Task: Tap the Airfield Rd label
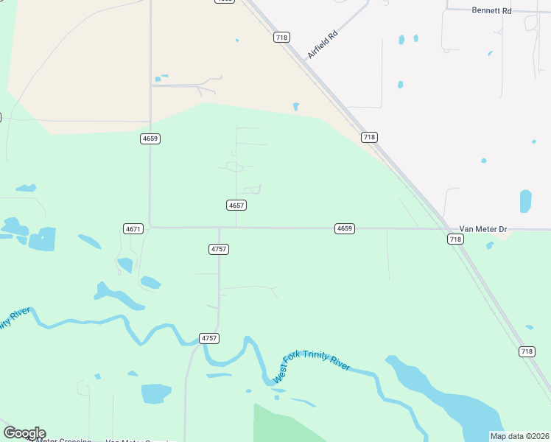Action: pyautogui.click(x=322, y=45)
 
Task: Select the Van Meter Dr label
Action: pyautogui.click(x=483, y=229)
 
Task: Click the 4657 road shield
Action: pyautogui.click(x=236, y=206)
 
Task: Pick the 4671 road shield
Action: pyautogui.click(x=133, y=229)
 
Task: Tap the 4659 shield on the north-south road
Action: pyautogui.click(x=150, y=138)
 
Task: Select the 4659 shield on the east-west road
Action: pyautogui.click(x=345, y=229)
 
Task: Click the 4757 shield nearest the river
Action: pyautogui.click(x=209, y=338)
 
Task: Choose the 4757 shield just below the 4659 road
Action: pyautogui.click(x=219, y=250)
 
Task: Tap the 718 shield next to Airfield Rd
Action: pyautogui.click(x=281, y=37)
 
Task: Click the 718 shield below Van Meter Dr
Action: pyautogui.click(x=455, y=239)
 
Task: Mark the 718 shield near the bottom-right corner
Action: pyautogui.click(x=526, y=351)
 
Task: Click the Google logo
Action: pyautogui.click(x=24, y=433)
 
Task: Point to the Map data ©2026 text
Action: pyautogui.click(x=519, y=436)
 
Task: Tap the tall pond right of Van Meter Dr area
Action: pyautogui.click(x=525, y=201)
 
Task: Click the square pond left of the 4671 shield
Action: pyautogui.click(x=42, y=238)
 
